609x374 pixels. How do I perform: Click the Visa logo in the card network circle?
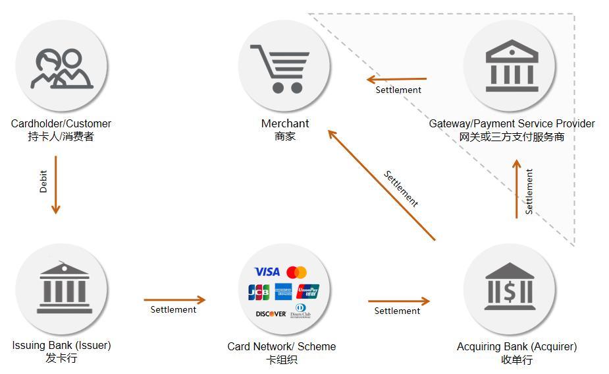(x=267, y=272)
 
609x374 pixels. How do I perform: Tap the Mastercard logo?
(x=297, y=272)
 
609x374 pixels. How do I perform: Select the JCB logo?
(x=259, y=292)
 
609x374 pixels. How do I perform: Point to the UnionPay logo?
(x=308, y=291)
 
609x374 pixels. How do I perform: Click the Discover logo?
(x=271, y=314)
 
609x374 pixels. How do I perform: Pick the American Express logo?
(x=284, y=292)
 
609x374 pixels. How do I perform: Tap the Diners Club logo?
(x=301, y=311)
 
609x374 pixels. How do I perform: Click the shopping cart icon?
(x=280, y=69)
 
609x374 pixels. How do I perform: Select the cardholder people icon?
(x=61, y=69)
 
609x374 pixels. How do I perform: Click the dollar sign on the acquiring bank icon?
(x=510, y=292)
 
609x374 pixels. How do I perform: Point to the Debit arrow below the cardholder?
(x=55, y=185)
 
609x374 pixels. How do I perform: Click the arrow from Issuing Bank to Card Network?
(x=174, y=299)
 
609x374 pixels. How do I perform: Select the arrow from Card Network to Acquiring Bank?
(x=399, y=301)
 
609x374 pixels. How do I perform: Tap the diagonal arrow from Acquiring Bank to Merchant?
(x=382, y=185)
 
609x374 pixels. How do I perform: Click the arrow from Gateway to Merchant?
(x=396, y=79)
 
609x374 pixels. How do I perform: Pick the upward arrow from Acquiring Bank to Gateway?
(x=517, y=189)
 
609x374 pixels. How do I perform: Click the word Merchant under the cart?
(x=285, y=123)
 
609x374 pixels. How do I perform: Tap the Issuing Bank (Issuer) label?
(x=61, y=345)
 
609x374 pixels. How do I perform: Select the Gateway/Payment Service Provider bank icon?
(x=512, y=65)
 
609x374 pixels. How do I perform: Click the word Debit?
(x=43, y=181)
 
